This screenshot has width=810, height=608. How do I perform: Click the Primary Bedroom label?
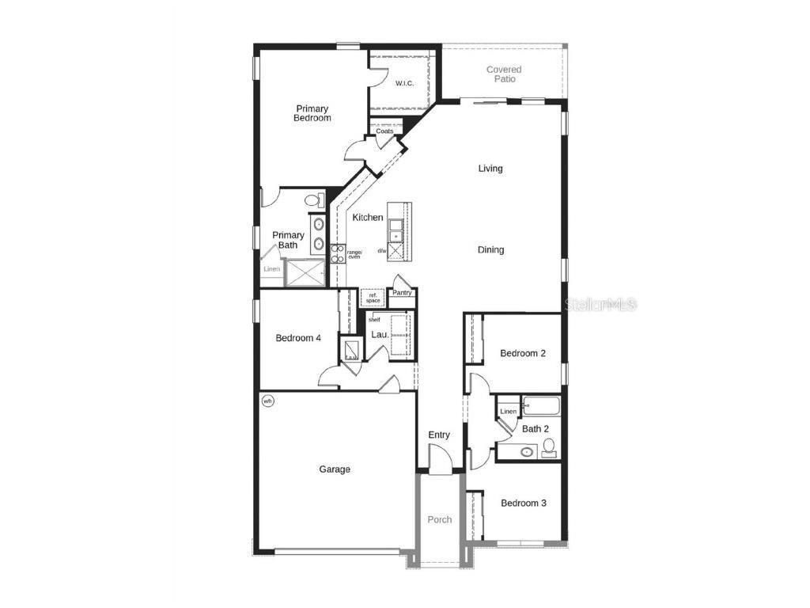tap(312, 113)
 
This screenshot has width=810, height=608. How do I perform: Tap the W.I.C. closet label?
tap(404, 83)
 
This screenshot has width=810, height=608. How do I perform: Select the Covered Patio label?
tap(504, 74)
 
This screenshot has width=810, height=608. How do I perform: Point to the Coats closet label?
tap(384, 131)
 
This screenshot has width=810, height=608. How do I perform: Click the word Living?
tap(490, 169)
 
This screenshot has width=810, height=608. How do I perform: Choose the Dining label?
tap(490, 250)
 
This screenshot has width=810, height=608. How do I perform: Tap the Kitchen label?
tap(368, 218)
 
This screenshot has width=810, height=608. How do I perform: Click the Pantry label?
tap(403, 293)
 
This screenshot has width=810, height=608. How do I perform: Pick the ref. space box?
tap(373, 298)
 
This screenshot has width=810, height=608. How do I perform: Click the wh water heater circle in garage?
tap(268, 401)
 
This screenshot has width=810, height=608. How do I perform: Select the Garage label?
tap(335, 469)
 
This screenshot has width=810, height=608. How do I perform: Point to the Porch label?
tap(440, 520)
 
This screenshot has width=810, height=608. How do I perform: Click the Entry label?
tap(439, 435)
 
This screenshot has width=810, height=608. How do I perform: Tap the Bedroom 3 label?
tap(523, 503)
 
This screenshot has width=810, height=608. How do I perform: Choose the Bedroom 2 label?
tap(523, 354)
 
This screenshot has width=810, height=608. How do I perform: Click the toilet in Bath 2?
tap(548, 449)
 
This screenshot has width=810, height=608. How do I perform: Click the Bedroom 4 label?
tap(298, 338)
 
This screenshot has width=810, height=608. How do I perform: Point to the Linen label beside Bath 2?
tap(508, 412)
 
